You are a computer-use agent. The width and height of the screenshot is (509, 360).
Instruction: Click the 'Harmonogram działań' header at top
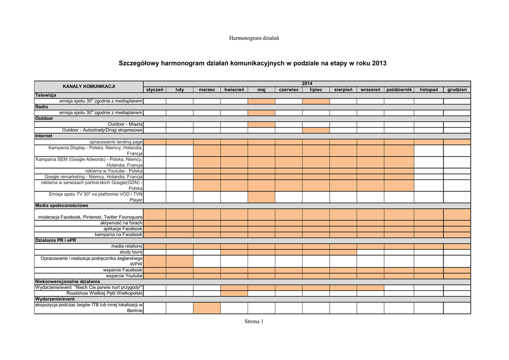pyautogui.click(x=254, y=38)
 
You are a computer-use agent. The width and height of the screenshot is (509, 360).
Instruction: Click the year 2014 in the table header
pyautogui.click(x=307, y=84)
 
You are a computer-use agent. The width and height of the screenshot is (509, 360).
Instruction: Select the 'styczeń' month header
pyautogui.click(x=155, y=90)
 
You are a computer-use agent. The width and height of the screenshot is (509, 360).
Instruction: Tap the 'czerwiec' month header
pyautogui.click(x=288, y=90)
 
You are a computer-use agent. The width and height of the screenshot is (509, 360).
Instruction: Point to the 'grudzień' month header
pyautogui.click(x=457, y=90)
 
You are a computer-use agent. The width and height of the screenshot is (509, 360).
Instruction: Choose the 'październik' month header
pyautogui.click(x=399, y=90)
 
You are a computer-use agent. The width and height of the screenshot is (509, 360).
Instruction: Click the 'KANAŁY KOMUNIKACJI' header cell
pyautogui.click(x=89, y=87)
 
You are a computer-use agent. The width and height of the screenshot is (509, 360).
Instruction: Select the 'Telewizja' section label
pyautogui.click(x=46, y=95)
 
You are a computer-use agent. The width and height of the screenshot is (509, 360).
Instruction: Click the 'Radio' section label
pyautogui.click(x=42, y=107)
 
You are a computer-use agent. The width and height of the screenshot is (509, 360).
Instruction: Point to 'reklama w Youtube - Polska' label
pyautogui.click(x=114, y=171)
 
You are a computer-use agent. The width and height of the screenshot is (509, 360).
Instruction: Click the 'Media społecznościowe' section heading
pyautogui.click(x=62, y=206)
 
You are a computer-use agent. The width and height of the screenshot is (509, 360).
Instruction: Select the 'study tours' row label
pyautogui.click(x=131, y=252)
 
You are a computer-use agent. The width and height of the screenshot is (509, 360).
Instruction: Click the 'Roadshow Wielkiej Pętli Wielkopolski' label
pyautogui.click(x=105, y=293)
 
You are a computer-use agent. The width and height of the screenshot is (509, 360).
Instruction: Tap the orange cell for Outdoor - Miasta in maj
pyautogui.click(x=261, y=124)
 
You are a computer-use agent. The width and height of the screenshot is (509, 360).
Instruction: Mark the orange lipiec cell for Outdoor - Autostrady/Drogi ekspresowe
pyautogui.click(x=316, y=130)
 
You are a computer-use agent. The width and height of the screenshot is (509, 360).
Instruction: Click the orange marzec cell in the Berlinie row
pyautogui.click(x=207, y=308)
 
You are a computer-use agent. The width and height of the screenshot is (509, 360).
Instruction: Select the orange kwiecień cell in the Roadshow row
pyautogui.click(x=234, y=293)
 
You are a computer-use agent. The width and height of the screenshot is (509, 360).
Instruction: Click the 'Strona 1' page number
pyautogui.click(x=254, y=322)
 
